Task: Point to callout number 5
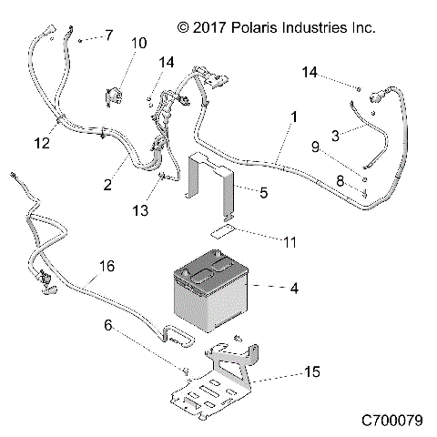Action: (264, 192)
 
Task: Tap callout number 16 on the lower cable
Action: (107, 267)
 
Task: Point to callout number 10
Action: (138, 43)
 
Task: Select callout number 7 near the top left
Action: (108, 36)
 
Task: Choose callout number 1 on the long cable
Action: (293, 117)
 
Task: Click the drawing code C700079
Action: (391, 422)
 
